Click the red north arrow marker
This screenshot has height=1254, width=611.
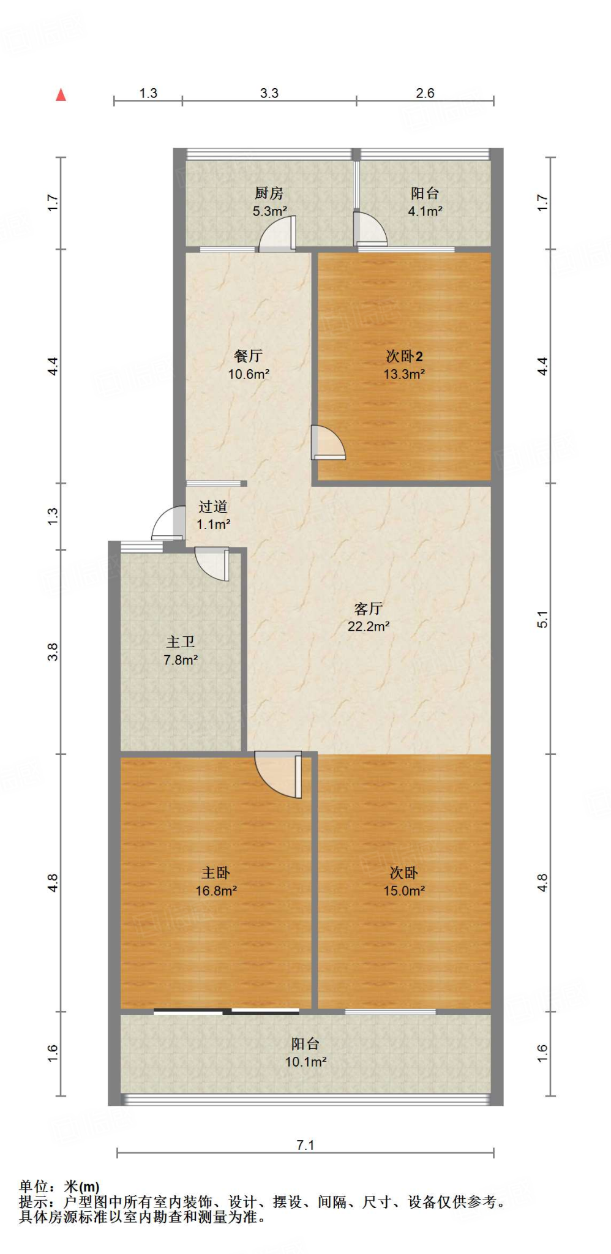61,95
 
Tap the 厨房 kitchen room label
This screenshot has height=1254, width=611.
269,193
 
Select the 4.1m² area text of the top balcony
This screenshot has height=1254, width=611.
425,211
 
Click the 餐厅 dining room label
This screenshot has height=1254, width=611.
248,356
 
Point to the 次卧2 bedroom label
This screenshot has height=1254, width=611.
404,356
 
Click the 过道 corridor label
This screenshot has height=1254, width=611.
213,506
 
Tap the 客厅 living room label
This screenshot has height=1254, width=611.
368,608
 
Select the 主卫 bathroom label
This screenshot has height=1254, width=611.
181,642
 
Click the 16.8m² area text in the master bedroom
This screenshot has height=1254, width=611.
216,891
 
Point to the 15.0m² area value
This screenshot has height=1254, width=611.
404,891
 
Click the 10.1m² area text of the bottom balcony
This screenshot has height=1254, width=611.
305,1062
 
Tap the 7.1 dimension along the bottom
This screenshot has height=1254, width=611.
305,1145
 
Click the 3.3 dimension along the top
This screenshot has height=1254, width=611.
269,93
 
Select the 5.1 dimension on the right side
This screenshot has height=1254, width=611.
542,619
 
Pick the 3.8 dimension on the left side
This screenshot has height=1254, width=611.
53,651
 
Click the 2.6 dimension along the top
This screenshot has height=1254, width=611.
425,93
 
